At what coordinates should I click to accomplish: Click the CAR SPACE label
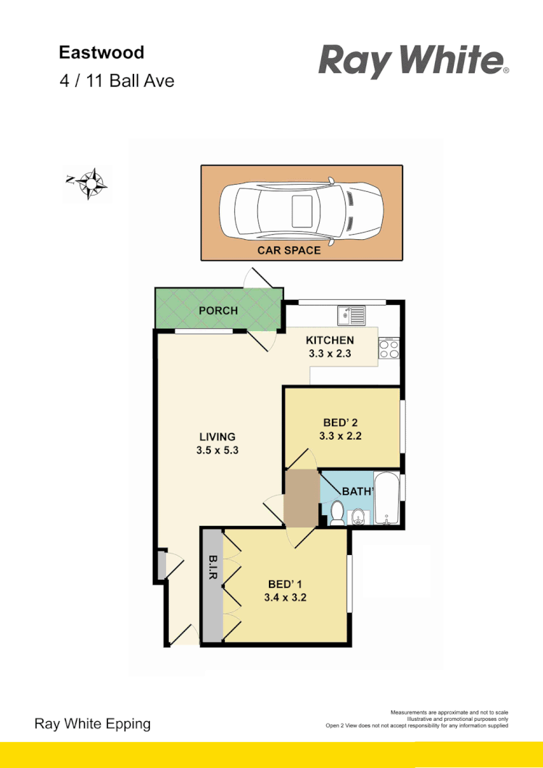[289, 251]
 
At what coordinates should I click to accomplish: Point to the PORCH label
[218, 311]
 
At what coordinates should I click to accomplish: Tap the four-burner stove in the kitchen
[389, 349]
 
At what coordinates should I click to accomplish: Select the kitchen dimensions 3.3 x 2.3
[329, 355]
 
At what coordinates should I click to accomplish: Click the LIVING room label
[217, 437]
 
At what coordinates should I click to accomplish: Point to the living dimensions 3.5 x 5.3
[217, 450]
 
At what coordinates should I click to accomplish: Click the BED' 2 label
[340, 423]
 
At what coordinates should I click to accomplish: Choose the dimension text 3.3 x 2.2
[340, 436]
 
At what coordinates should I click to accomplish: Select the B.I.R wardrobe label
[213, 567]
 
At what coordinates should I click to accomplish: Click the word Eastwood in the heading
[101, 52]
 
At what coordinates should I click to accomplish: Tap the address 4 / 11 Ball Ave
[117, 80]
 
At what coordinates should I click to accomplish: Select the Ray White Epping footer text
[93, 723]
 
